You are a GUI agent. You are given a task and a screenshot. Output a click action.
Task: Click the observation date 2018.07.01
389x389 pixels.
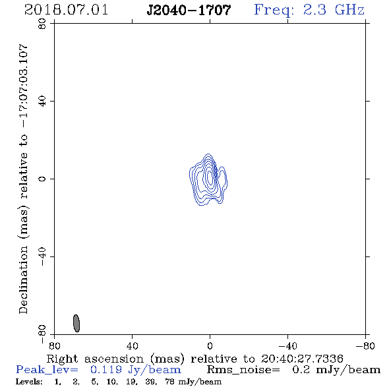66,10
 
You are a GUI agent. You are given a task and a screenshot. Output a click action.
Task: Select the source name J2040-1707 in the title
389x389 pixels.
189,11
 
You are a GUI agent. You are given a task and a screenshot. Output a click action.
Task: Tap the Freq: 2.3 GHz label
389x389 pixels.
309,11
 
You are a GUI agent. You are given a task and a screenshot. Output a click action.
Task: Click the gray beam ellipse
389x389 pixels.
76,323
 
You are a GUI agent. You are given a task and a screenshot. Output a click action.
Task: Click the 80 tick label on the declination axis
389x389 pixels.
42,24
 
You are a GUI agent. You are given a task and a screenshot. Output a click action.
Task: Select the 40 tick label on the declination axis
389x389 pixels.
42,102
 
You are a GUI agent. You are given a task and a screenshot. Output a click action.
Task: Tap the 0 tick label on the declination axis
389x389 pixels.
42,179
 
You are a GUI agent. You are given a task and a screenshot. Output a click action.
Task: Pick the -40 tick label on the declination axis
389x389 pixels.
42,256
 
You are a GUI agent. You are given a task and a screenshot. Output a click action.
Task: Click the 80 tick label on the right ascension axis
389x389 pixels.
54,345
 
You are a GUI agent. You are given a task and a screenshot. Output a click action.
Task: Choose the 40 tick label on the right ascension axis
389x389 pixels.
132,345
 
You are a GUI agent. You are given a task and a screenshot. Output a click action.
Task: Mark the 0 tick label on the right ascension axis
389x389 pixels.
210,345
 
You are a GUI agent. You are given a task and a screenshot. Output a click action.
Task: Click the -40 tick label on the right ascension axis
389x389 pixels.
287,345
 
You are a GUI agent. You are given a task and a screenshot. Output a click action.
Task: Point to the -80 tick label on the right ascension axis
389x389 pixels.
365,345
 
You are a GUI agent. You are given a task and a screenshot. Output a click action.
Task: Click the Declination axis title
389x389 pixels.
23,179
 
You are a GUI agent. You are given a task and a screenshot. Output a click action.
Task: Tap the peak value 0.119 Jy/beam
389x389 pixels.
136,370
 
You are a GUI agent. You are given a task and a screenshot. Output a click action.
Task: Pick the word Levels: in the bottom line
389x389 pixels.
29,382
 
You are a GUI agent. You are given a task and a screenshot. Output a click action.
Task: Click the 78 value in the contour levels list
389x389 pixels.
169,382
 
